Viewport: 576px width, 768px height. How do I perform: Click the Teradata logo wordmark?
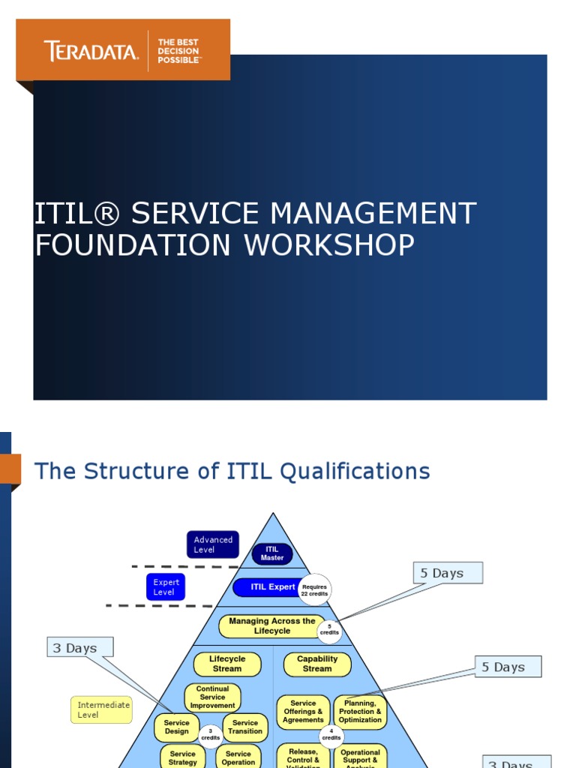(91, 52)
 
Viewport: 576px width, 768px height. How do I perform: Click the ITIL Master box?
(272, 553)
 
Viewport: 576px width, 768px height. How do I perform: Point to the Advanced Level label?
(213, 544)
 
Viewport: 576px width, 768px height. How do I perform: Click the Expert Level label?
(166, 587)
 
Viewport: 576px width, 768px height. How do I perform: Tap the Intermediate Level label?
(103, 709)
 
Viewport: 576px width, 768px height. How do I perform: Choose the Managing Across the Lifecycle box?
(271, 626)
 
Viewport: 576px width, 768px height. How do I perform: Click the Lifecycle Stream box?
(227, 664)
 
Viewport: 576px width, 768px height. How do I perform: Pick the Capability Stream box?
(317, 664)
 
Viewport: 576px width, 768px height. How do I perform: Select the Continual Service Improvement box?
(212, 697)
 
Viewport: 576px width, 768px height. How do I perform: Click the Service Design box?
(177, 727)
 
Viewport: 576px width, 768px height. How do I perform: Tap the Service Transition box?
(245, 727)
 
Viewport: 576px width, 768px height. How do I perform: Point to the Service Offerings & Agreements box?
(303, 712)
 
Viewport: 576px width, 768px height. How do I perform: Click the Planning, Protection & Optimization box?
(360, 712)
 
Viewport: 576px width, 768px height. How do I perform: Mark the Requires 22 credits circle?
(314, 589)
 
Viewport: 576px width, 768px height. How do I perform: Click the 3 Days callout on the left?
(80, 648)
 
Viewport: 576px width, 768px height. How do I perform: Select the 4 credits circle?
(331, 735)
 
